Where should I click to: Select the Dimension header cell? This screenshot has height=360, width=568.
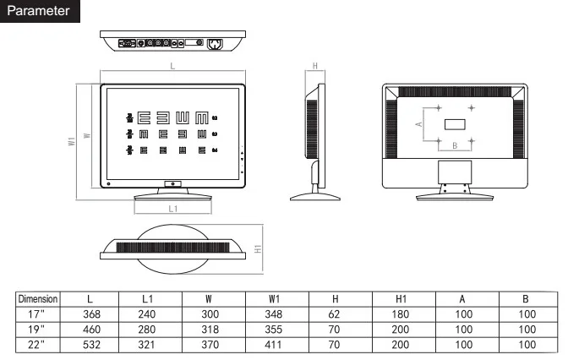(38, 299)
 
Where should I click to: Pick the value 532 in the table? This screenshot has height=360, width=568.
(90, 345)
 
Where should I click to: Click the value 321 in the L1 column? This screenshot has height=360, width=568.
(148, 345)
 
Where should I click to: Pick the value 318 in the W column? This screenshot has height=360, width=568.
(210, 330)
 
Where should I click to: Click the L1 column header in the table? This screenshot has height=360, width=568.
(148, 299)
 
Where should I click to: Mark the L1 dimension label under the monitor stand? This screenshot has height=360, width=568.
(172, 207)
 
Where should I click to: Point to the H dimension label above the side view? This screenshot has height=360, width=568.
(314, 66)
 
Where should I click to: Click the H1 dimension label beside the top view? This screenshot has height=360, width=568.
(257, 250)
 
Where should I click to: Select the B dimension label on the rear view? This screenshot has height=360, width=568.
(455, 145)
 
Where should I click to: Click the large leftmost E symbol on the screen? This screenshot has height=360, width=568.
(145, 117)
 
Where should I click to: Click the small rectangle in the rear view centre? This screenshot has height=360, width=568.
(455, 124)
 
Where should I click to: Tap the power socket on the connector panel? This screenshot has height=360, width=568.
(215, 42)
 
